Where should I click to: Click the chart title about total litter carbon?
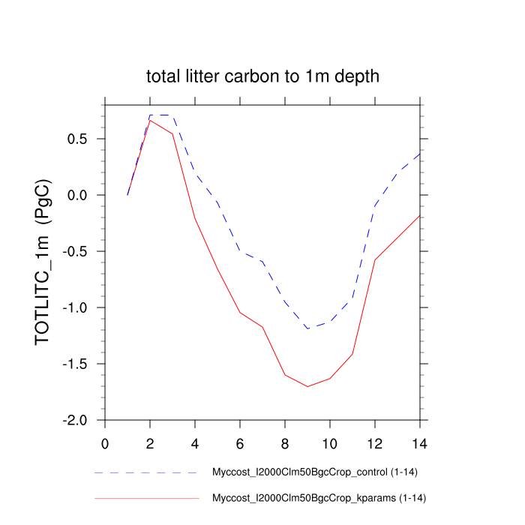coord(262,76)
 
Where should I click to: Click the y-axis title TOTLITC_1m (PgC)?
coord(43,262)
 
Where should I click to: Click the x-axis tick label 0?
coord(105,442)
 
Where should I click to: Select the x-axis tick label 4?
coord(195,442)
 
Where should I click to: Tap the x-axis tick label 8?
coord(285,442)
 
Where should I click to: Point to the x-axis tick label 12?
coord(375,442)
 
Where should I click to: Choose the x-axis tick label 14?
coord(420,442)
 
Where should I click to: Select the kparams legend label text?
coord(319,498)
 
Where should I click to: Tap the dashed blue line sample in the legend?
coord(146,473)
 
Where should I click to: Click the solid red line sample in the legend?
coord(146,498)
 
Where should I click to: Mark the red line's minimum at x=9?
coord(307,386)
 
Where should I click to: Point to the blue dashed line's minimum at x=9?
coord(307,328)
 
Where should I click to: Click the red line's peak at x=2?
coord(150,120)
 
